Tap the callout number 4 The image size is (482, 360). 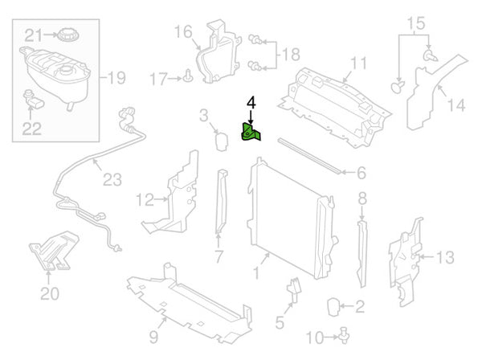coord(251,103)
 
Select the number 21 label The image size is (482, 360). coord(32,35)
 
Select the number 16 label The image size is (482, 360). coord(182,32)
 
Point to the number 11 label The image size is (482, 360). coord(357,63)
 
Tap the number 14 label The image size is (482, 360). coord(455,104)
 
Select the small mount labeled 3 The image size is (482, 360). coord(219,141)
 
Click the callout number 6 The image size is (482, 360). coord(361,173)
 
